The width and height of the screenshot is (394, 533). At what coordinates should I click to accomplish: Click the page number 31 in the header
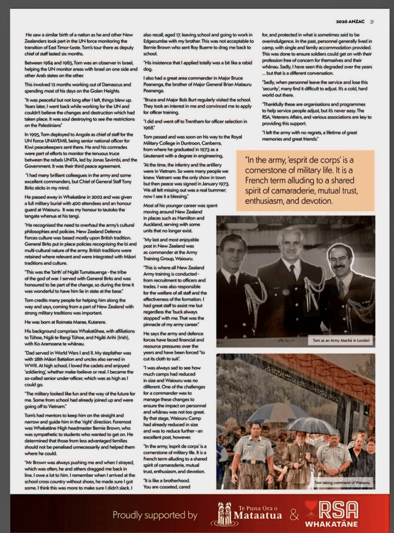[x=372, y=22]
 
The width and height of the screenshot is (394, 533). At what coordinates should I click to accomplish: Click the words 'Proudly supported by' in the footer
[x=155, y=515]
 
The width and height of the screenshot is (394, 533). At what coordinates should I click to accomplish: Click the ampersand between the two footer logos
[x=294, y=515]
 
